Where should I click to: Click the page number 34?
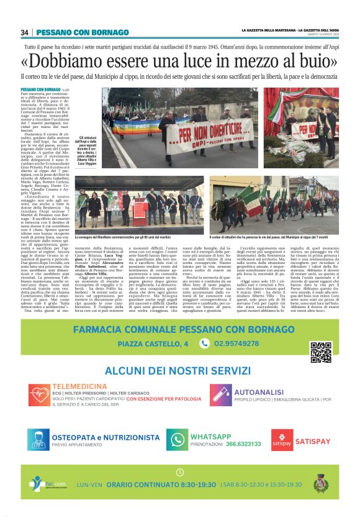pos(25,32)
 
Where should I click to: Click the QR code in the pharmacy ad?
pos(320,352)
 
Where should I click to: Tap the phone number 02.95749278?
pos(236,343)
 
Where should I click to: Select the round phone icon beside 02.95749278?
pos(204,343)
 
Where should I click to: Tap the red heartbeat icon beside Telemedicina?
pos(39,395)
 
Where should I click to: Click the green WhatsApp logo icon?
pos(178,440)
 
